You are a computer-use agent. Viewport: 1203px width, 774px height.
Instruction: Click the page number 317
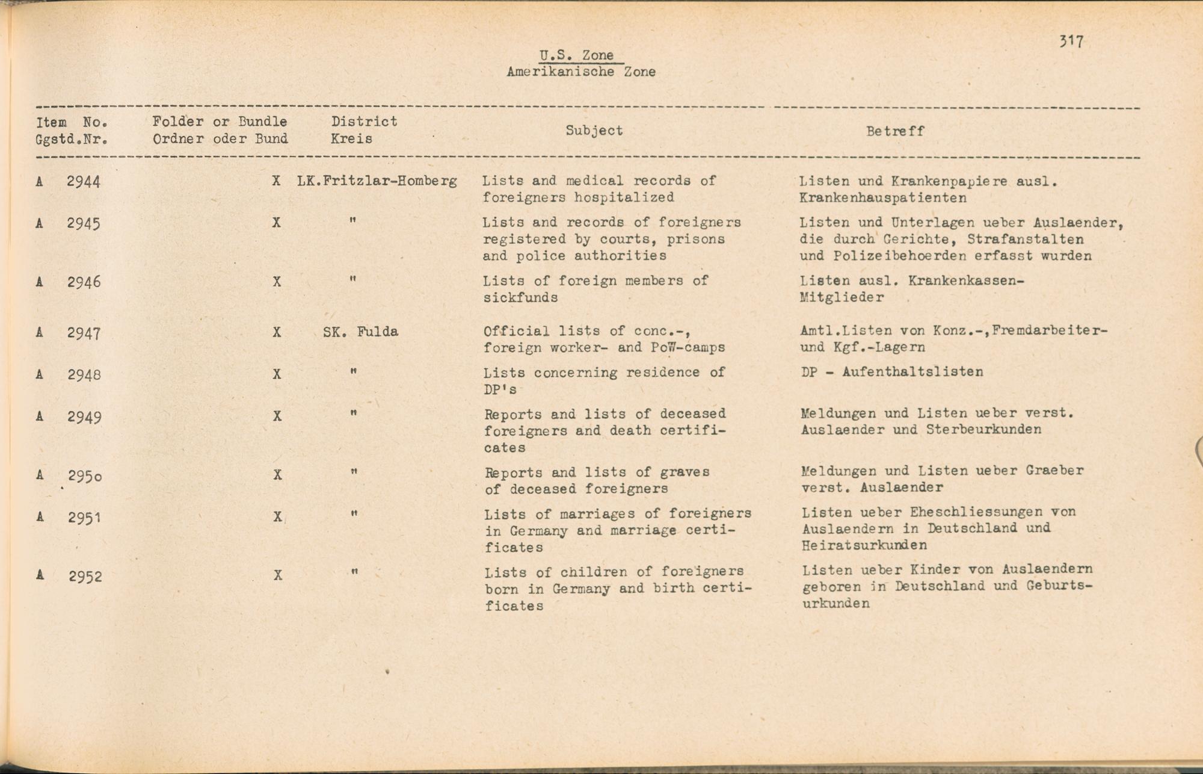1071,42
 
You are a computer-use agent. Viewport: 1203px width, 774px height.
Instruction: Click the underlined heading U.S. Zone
576,55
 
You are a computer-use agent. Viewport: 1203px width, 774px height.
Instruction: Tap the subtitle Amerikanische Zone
580,72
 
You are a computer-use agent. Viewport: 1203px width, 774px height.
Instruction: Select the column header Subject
594,131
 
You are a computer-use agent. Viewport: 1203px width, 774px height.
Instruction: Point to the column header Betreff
894,131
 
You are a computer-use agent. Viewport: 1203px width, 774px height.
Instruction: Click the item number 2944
83,181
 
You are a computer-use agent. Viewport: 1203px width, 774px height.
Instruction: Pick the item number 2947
84,333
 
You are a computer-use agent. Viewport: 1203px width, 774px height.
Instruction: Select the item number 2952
85,577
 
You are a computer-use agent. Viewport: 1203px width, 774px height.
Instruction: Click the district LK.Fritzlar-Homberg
377,181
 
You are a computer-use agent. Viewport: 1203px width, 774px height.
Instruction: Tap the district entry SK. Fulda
360,332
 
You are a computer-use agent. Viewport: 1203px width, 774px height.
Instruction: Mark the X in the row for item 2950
277,474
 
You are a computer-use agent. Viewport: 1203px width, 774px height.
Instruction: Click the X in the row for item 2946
277,281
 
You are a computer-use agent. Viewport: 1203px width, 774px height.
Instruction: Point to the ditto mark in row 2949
354,413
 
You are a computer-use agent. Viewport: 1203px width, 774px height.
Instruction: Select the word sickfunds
520,297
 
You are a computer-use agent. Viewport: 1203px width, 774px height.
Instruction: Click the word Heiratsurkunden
864,545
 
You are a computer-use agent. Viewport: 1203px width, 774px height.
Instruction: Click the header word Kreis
351,138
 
